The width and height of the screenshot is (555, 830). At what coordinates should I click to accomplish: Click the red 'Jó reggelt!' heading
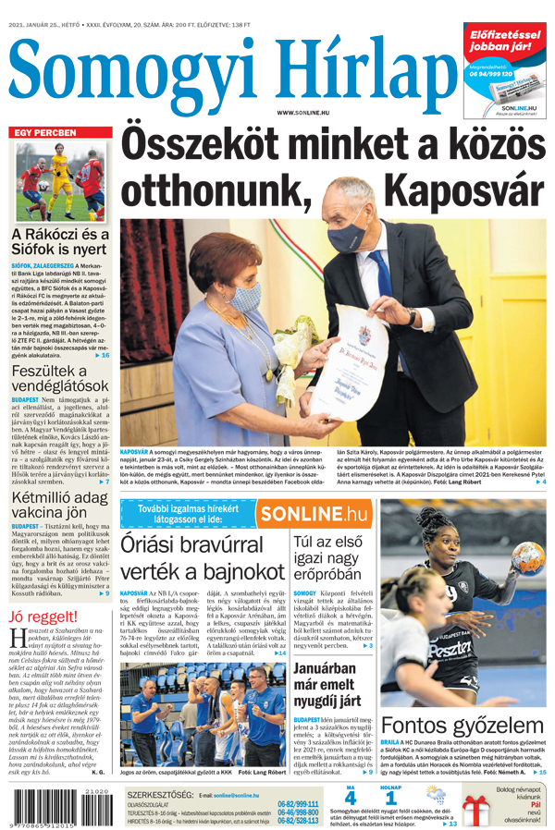(x=43, y=616)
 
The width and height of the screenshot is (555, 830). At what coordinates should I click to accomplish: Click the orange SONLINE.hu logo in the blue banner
(x=314, y=513)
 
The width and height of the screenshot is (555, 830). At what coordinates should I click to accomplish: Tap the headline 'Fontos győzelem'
(x=462, y=725)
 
